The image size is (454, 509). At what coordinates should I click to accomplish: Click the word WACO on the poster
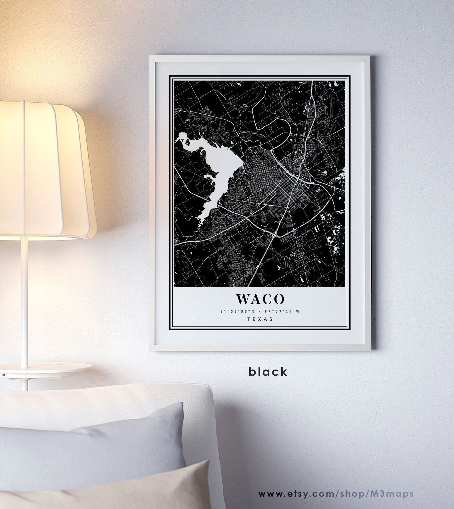260,299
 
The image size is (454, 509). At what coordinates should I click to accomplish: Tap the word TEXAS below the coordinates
260,319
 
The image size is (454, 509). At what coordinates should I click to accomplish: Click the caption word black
268,372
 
